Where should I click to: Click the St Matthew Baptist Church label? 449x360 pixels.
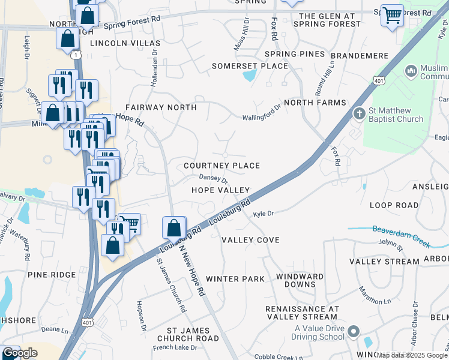pos(396,115)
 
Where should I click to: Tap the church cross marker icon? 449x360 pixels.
pos(358,113)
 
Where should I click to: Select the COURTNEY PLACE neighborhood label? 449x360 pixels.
pos(221,166)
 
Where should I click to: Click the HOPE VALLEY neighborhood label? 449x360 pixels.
pos(220,190)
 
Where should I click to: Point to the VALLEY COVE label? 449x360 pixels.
pos(250,240)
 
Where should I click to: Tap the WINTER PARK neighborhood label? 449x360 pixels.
pos(235,279)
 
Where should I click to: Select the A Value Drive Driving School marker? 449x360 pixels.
pos(354,331)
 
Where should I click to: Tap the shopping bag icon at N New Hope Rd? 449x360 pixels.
pos(174,228)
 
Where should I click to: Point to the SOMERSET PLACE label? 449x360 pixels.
pos(250,65)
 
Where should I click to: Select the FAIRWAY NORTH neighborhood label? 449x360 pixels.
pos(160,107)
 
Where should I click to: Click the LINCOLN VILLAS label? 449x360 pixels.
pos(125,44)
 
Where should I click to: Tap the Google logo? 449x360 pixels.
pos(20,353)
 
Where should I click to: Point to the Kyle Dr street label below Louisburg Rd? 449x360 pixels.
pos(263,214)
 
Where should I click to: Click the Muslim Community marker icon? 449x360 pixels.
pos(411,71)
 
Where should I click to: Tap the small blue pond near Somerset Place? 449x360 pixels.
pos(248,76)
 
